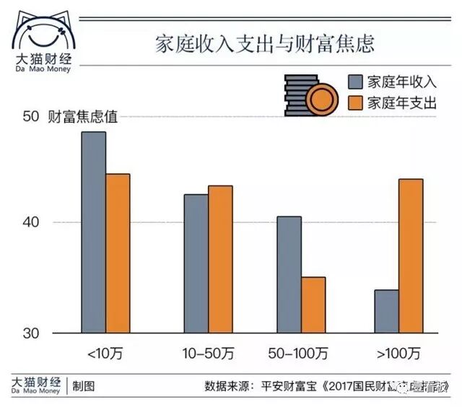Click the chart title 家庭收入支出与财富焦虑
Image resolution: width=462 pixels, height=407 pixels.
266,44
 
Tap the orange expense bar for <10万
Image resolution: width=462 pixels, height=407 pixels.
118,253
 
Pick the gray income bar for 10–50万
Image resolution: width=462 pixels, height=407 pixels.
196,263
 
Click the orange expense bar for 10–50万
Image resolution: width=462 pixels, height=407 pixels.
220,259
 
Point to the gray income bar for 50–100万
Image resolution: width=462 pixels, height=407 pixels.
289,274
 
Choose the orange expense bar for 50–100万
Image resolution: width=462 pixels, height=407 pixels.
313,305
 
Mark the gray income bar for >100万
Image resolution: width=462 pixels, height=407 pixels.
386,311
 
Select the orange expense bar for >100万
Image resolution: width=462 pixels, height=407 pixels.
411,255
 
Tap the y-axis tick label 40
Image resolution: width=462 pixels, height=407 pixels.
31,222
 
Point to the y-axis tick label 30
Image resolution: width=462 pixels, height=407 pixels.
31,333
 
